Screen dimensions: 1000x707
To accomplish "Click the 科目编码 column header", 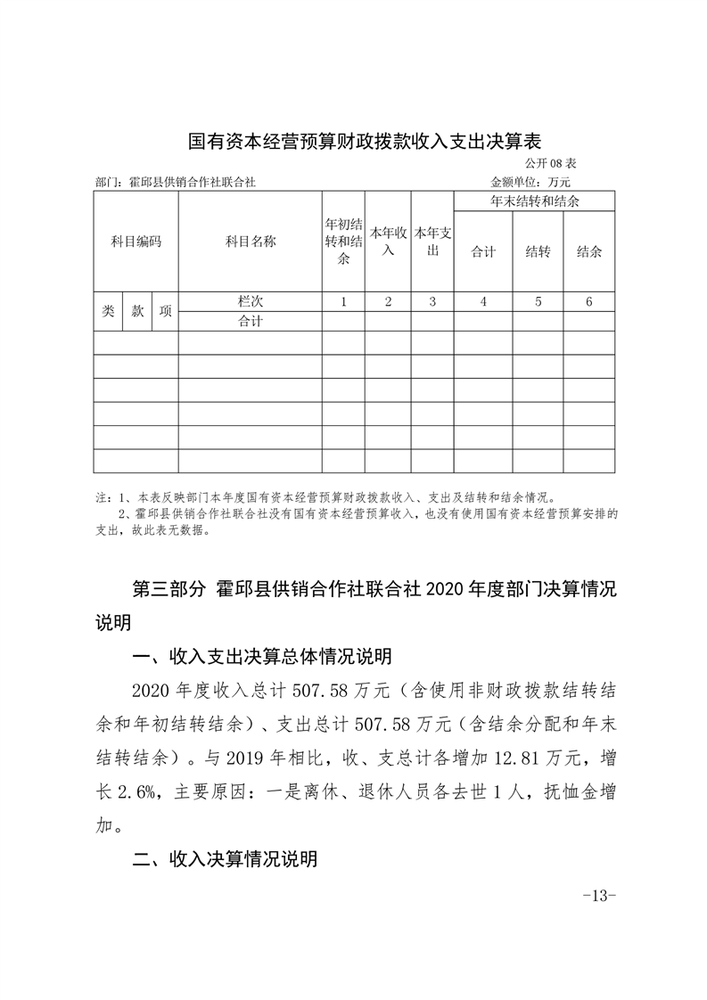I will pyautogui.click(x=136, y=241).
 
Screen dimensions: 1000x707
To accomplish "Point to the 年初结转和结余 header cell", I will pyautogui.click(x=343, y=241).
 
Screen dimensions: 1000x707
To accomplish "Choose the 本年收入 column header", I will pyautogui.click(x=388, y=241).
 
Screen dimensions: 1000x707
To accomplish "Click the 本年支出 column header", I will pyautogui.click(x=432, y=241).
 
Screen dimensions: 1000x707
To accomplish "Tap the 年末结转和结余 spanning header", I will pyautogui.click(x=534, y=201).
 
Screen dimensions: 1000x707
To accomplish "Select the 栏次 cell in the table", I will pyautogui.click(x=250, y=301).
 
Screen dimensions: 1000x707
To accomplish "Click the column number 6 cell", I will pyautogui.click(x=588, y=301).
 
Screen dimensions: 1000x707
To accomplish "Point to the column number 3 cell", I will pyautogui.click(x=432, y=301).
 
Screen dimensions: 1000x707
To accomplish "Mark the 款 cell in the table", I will pyautogui.click(x=137, y=311).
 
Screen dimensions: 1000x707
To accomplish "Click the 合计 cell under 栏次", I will pyautogui.click(x=250, y=321).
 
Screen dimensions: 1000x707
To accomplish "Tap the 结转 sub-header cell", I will pyautogui.click(x=537, y=251).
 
